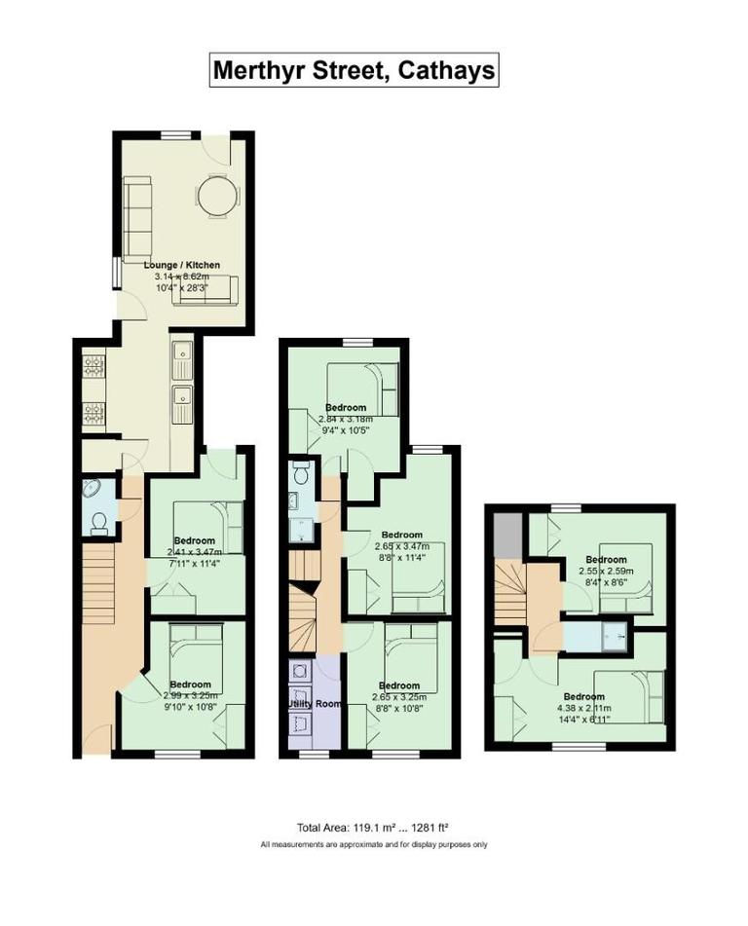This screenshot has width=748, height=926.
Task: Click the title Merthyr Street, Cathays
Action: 355,71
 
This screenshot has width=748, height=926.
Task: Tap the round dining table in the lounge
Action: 216,195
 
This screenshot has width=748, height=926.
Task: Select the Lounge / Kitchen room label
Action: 182,265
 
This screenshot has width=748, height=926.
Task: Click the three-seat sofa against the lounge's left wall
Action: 136,212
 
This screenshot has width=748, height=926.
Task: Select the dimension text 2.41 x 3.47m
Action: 195,551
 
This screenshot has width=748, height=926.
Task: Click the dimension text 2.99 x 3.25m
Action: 191,695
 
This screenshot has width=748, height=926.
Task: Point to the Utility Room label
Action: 313,702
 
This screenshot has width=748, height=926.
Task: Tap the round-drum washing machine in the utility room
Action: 300,671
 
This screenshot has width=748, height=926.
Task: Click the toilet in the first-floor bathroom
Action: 301,475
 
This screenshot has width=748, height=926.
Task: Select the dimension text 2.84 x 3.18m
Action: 347,419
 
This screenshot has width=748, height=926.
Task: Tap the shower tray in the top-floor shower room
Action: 614,637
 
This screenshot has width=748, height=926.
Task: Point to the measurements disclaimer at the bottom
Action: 374,844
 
